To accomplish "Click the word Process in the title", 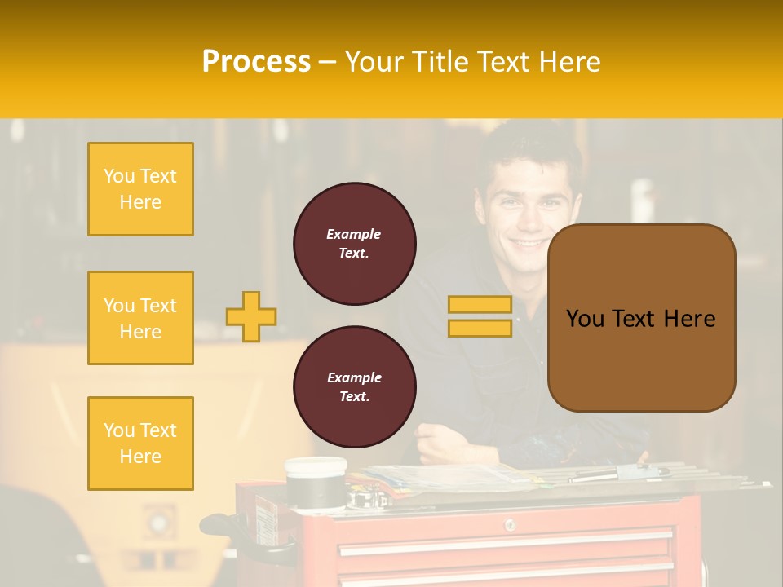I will [256, 62].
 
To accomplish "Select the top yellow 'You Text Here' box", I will [140, 189].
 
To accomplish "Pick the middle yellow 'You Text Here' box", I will [140, 318].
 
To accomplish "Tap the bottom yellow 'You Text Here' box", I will [140, 444].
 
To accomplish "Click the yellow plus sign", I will [251, 316].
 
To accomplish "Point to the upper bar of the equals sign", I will [480, 305].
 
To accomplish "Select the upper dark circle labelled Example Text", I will [354, 244].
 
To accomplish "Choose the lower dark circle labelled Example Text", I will [354, 387].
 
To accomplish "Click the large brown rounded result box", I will [641, 318].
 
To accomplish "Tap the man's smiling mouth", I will [531, 242].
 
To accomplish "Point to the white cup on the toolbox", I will [315, 481].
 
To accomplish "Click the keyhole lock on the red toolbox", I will [509, 524].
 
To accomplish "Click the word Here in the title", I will [568, 62].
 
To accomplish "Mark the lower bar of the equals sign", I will [480, 328].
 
